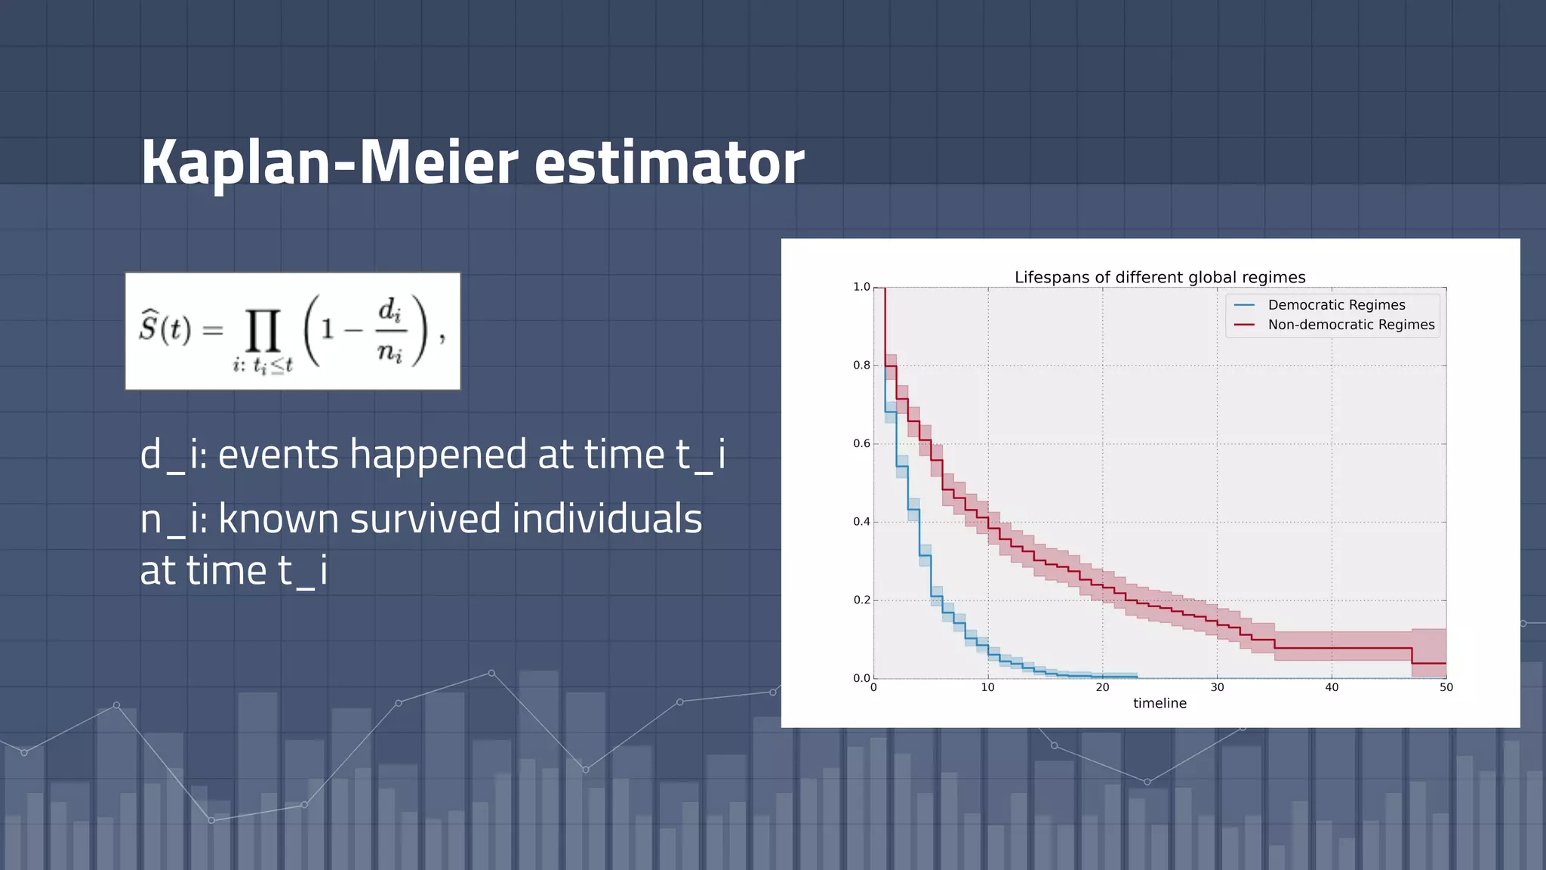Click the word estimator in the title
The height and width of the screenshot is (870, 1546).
pyautogui.click(x=669, y=162)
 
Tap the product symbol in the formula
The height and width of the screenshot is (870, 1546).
pyautogui.click(x=263, y=331)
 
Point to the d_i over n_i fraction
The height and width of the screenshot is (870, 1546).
pyautogui.click(x=390, y=330)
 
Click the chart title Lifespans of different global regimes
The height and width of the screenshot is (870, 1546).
pyautogui.click(x=1159, y=277)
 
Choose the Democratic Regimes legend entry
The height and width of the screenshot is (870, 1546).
pyautogui.click(x=1335, y=304)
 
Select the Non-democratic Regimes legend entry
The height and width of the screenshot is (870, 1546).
pyautogui.click(x=1350, y=325)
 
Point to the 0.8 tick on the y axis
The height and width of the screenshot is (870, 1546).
pyautogui.click(x=861, y=366)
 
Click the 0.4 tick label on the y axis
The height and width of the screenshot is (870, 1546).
pyautogui.click(x=861, y=522)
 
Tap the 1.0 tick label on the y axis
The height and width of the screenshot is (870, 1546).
pyautogui.click(x=861, y=287)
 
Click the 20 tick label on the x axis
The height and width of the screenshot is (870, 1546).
pyautogui.click(x=1102, y=687)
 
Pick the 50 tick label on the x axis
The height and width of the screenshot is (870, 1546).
pyautogui.click(x=1446, y=687)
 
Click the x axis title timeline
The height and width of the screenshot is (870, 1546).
pyautogui.click(x=1159, y=703)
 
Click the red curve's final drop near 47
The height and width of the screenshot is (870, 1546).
pyautogui.click(x=1412, y=656)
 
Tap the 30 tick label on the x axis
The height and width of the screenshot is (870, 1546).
pyautogui.click(x=1217, y=687)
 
